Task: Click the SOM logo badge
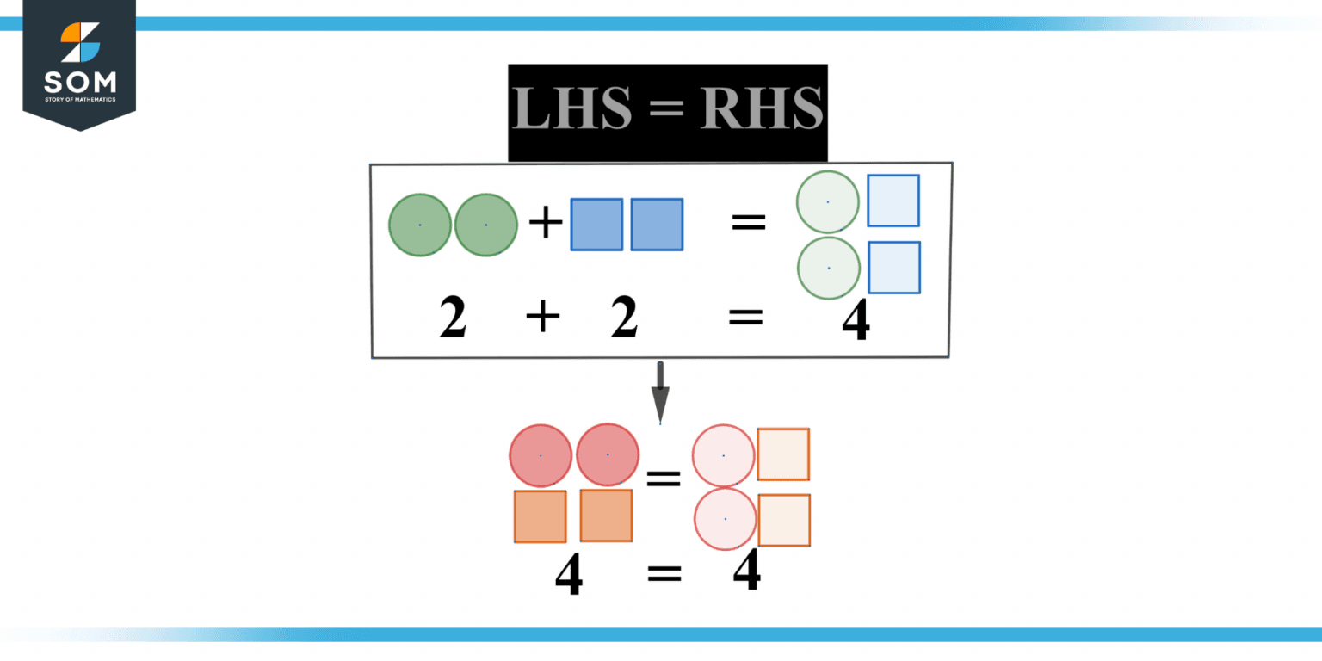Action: [x=79, y=64]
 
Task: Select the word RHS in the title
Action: [x=762, y=110]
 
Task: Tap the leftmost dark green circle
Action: [x=420, y=225]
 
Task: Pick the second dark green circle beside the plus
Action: [x=486, y=225]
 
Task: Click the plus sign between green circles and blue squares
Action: [x=545, y=225]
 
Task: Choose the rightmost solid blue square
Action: [x=657, y=225]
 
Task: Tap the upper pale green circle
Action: [x=828, y=202]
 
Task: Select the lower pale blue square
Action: [x=894, y=268]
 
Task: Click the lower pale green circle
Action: [x=829, y=269]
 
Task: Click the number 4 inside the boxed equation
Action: [x=856, y=320]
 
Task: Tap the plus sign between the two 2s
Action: [x=542, y=317]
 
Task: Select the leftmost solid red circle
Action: [x=541, y=455]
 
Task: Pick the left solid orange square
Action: [x=541, y=516]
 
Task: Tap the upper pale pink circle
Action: [x=724, y=455]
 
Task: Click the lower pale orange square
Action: [x=784, y=520]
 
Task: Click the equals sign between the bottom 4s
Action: [x=664, y=573]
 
